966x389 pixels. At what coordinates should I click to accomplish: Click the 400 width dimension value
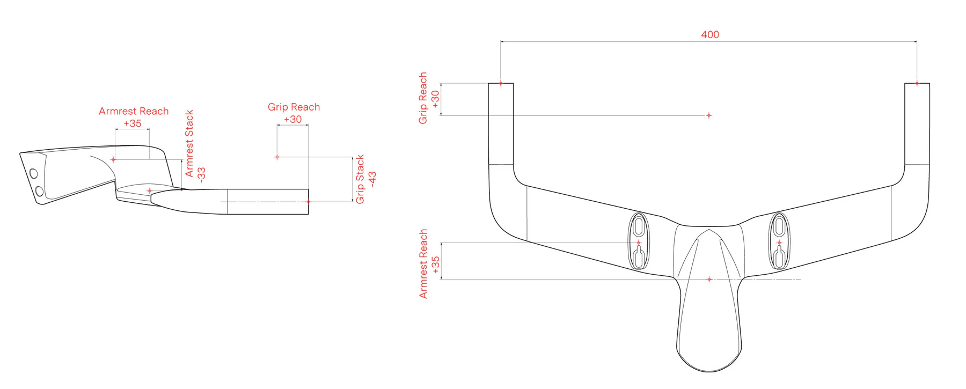coord(709,35)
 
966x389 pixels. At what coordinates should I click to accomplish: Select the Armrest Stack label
coord(189,144)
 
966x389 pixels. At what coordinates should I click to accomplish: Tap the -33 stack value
coord(201,174)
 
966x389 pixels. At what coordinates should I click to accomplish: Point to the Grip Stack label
coord(360,179)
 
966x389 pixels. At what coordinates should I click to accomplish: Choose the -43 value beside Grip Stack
coord(372,179)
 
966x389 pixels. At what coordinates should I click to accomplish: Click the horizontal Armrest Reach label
coord(134,111)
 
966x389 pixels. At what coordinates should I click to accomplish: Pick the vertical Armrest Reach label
coord(423,263)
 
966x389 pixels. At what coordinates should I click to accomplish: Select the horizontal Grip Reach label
coord(294,107)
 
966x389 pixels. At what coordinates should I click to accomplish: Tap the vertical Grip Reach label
coord(423,98)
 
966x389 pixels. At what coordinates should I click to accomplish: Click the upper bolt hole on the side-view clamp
coord(34,173)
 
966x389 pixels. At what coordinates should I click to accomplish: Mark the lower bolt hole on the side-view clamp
coord(39,191)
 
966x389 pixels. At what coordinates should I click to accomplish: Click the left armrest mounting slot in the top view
coord(639,241)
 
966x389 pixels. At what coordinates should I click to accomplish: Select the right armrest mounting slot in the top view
coord(779,241)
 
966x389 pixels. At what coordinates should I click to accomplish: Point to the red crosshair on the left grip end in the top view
coord(501,83)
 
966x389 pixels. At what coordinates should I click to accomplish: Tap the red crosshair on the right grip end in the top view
coord(917,83)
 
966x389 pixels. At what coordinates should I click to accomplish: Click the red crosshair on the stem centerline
coord(709,279)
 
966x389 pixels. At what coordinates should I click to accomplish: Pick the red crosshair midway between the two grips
coord(709,115)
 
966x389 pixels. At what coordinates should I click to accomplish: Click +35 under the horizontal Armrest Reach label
coord(133,123)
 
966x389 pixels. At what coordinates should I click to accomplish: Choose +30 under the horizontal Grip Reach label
coord(292,119)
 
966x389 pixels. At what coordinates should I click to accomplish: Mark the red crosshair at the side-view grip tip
coord(308,202)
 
